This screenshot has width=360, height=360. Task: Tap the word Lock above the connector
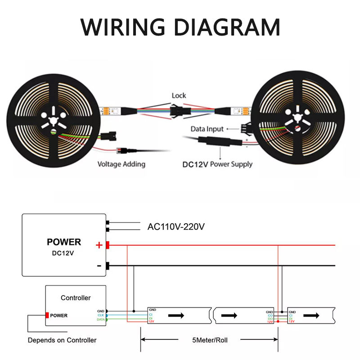[x=179, y=96]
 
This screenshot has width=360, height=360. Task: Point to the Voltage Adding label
[x=121, y=164]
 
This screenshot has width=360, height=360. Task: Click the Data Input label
[x=207, y=129]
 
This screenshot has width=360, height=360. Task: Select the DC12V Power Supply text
[x=217, y=164]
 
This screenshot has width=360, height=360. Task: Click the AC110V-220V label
[x=176, y=226]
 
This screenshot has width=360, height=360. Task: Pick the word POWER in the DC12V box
[x=64, y=242]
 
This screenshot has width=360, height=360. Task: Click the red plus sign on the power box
[x=99, y=245]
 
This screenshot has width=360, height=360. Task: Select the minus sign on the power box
[x=99, y=265]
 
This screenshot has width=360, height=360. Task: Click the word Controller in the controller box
[x=76, y=298]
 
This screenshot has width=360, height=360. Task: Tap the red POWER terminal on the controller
[x=47, y=315]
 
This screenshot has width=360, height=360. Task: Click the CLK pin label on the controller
[x=101, y=315]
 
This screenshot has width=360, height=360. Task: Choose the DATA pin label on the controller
[x=100, y=319]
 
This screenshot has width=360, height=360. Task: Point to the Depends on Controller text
[x=62, y=340]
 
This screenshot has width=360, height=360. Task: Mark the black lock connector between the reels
[x=179, y=110]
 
